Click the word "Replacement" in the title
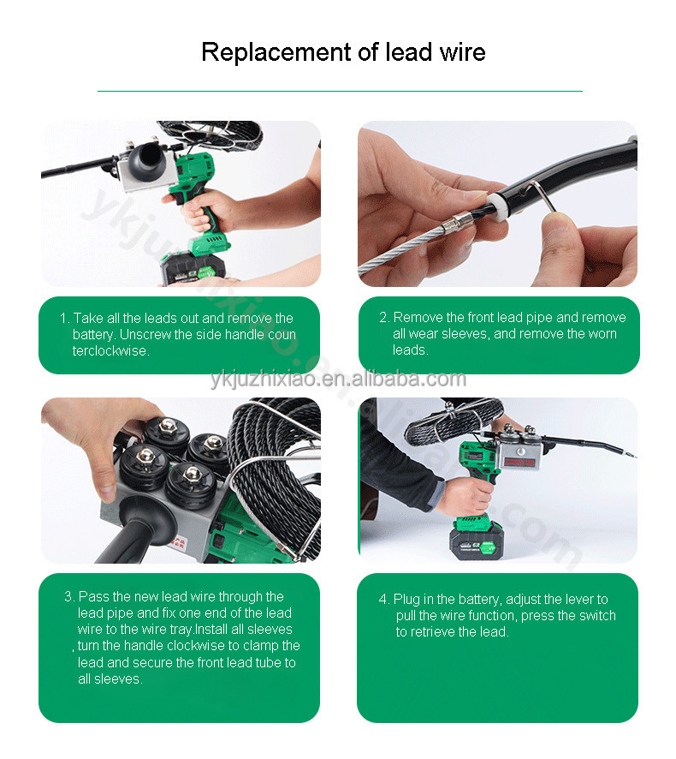[x=276, y=52]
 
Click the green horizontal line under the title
[x=340, y=91]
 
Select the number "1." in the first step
[x=64, y=318]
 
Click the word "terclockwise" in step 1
[x=110, y=350]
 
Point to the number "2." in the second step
[x=384, y=317]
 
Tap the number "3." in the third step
[x=69, y=596]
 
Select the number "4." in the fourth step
[x=384, y=600]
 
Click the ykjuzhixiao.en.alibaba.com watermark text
[x=338, y=379]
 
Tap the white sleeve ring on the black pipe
[x=496, y=206]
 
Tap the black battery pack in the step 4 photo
[x=477, y=542]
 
